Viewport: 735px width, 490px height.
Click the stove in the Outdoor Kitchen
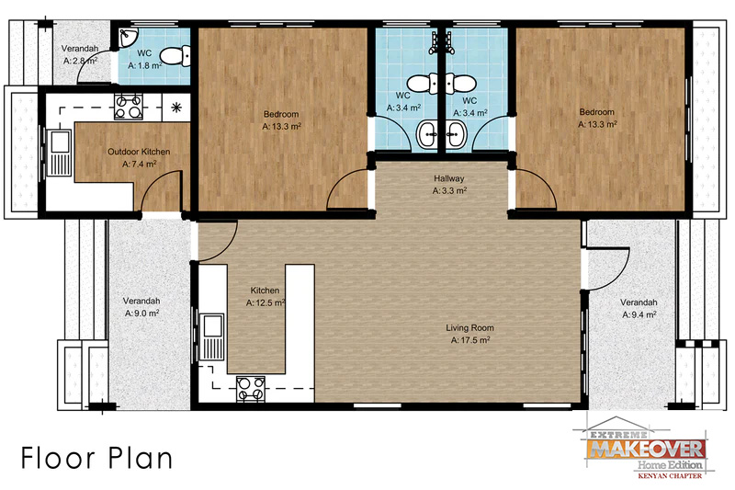point(129,107)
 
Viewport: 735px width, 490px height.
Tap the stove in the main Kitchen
point(251,389)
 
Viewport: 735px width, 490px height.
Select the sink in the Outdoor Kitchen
point(59,153)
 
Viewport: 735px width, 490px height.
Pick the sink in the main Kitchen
point(212,336)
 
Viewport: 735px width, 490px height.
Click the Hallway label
point(448,178)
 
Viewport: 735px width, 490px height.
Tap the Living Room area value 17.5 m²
point(470,340)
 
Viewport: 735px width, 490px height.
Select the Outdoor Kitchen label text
point(139,152)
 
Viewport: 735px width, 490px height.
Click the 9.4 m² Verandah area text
point(639,314)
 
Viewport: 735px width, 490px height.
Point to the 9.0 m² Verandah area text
point(141,313)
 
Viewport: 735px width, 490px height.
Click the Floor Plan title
point(96,458)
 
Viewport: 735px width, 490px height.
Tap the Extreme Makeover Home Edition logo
point(645,448)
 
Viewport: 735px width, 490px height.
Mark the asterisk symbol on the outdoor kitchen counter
point(176,108)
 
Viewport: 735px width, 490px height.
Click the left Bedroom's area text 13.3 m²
point(281,126)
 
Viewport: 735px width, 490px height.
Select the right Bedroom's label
point(596,112)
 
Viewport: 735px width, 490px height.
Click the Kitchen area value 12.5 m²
point(266,302)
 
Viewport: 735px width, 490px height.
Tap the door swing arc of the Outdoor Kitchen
point(157,180)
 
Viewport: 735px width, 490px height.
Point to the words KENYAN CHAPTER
point(670,475)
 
